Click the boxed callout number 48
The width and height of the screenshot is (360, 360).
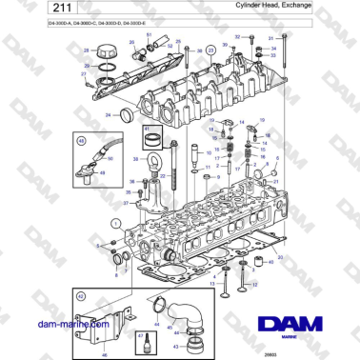pyautogui.click(x=79, y=141)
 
